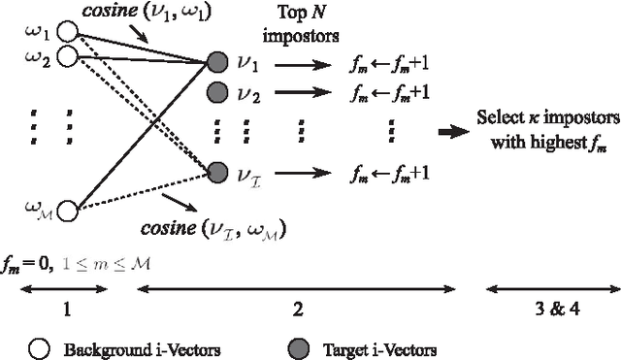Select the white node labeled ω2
click(x=67, y=55)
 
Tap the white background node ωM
click(x=67, y=209)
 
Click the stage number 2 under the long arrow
click(x=298, y=310)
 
